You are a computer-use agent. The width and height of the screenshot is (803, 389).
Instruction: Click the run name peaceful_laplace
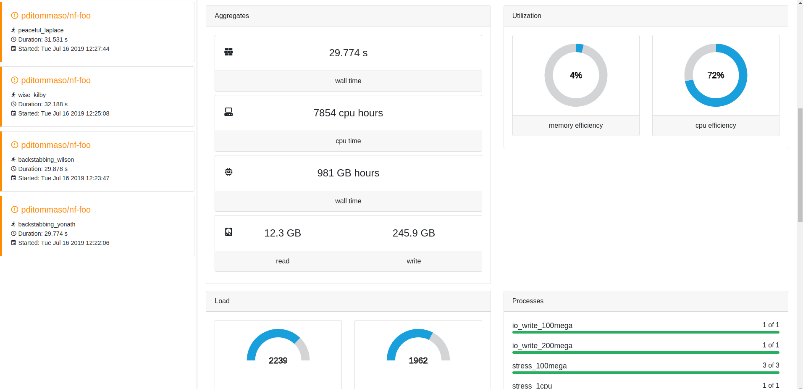click(41, 30)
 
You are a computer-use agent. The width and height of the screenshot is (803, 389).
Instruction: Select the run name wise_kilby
click(32, 95)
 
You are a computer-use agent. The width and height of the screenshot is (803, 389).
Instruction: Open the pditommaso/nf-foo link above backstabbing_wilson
click(56, 145)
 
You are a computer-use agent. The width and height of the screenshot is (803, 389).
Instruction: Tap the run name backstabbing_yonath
click(47, 224)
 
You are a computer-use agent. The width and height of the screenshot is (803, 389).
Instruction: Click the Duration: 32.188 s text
click(43, 104)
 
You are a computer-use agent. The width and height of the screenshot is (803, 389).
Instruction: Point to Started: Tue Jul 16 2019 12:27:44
click(63, 49)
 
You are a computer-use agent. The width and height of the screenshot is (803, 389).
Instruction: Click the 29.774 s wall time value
click(348, 53)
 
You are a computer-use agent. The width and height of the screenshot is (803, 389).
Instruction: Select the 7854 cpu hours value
click(348, 113)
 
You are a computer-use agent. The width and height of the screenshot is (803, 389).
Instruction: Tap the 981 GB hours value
click(348, 173)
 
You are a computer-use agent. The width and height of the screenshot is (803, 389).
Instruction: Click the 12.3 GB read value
click(283, 233)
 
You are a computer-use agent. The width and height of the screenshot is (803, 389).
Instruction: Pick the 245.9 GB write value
click(414, 233)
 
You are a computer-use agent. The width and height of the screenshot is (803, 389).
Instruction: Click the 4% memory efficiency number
click(576, 76)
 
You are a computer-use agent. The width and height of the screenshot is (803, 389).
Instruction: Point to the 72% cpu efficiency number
click(716, 76)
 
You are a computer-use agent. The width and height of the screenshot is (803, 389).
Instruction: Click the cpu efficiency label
click(716, 126)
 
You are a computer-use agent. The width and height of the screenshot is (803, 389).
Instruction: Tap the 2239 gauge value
click(278, 360)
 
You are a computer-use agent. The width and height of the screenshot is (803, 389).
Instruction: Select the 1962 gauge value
click(418, 360)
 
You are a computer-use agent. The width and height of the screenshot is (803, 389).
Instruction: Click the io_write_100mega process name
click(542, 326)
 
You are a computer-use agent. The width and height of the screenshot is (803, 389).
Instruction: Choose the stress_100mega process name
click(539, 366)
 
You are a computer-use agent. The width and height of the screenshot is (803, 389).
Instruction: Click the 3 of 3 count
click(771, 365)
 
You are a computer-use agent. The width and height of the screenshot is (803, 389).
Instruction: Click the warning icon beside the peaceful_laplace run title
click(15, 16)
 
